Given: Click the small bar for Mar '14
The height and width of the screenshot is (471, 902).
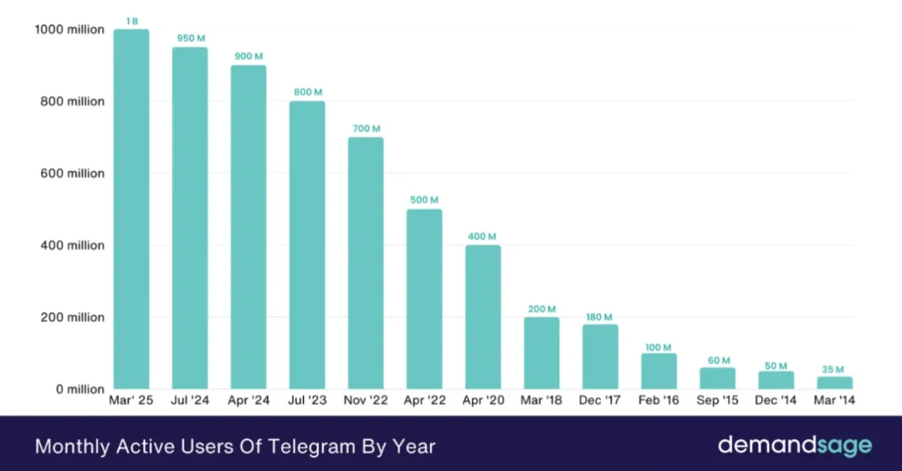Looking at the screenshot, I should click(834, 383).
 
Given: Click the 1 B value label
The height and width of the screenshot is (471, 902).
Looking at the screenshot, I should click(131, 20).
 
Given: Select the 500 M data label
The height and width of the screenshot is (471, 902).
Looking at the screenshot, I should click(424, 200).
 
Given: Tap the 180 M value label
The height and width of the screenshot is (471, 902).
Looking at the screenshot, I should click(600, 317).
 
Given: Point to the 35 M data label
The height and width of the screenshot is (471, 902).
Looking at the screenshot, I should click(834, 369).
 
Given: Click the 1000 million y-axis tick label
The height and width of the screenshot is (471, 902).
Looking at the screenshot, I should click(70, 30).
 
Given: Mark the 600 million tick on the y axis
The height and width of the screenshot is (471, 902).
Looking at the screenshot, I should click(73, 174).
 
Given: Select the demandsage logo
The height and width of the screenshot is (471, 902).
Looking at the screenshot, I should click(795, 445).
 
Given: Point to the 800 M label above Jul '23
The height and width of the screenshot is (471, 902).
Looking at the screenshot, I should click(307, 93).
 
